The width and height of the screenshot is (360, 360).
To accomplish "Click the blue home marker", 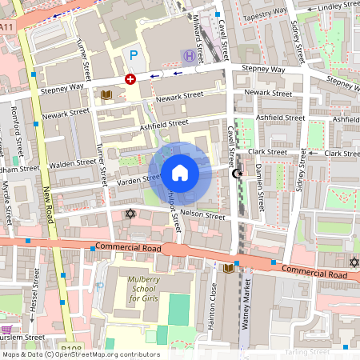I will (180, 172).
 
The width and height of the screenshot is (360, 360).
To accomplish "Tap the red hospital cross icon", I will (130, 79).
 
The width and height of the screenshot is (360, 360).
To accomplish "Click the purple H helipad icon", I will (187, 55).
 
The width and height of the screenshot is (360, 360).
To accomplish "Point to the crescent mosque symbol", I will (236, 173).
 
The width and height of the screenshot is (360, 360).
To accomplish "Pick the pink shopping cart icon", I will (7, 330).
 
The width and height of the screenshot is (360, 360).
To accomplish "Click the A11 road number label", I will (7, 27).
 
